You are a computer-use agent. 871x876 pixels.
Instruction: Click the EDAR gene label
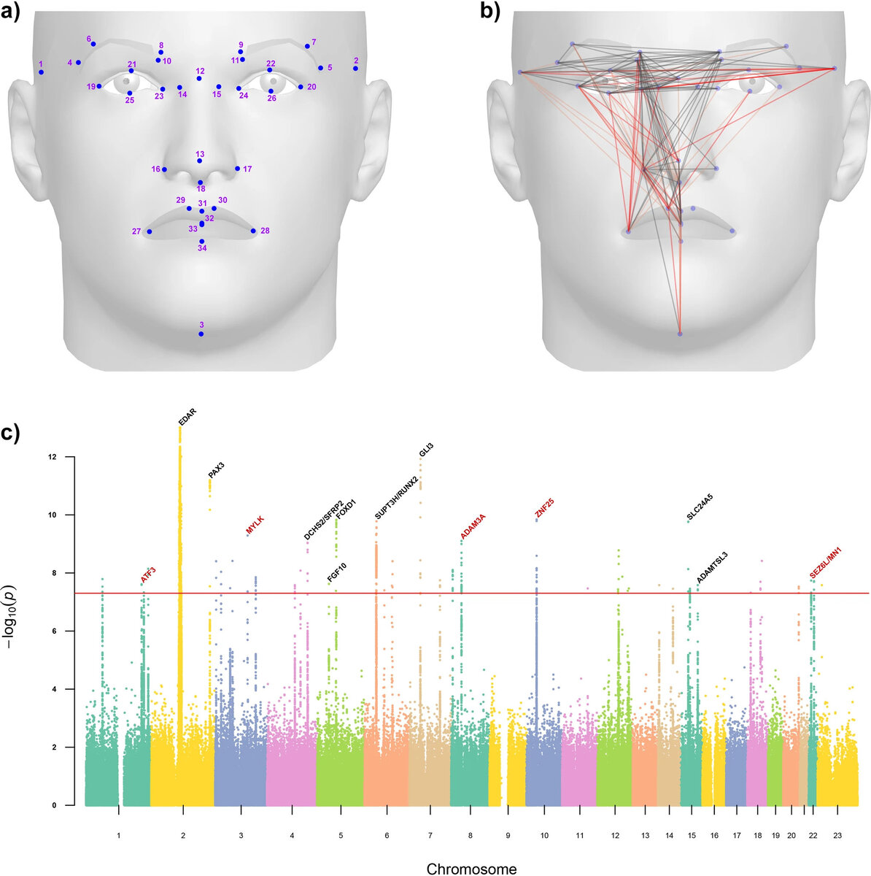(x=187, y=418)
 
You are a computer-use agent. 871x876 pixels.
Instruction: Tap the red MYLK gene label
(x=255, y=525)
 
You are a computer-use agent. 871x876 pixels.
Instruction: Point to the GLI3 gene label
(x=426, y=450)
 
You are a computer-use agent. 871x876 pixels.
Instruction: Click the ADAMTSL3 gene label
(x=712, y=567)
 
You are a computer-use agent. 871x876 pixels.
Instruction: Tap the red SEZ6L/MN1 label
(x=825, y=563)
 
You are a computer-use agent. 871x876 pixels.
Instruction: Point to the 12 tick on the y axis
(x=50, y=457)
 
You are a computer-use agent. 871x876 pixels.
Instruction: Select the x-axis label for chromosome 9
(x=508, y=834)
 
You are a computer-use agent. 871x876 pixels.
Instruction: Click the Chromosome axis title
(x=471, y=868)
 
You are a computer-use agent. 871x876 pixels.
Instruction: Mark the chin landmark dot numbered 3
(x=201, y=334)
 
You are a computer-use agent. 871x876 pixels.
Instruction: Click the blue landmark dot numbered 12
(x=200, y=79)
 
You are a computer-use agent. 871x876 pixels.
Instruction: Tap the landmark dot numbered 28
(x=254, y=231)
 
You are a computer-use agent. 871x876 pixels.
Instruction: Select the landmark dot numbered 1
(x=42, y=72)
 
